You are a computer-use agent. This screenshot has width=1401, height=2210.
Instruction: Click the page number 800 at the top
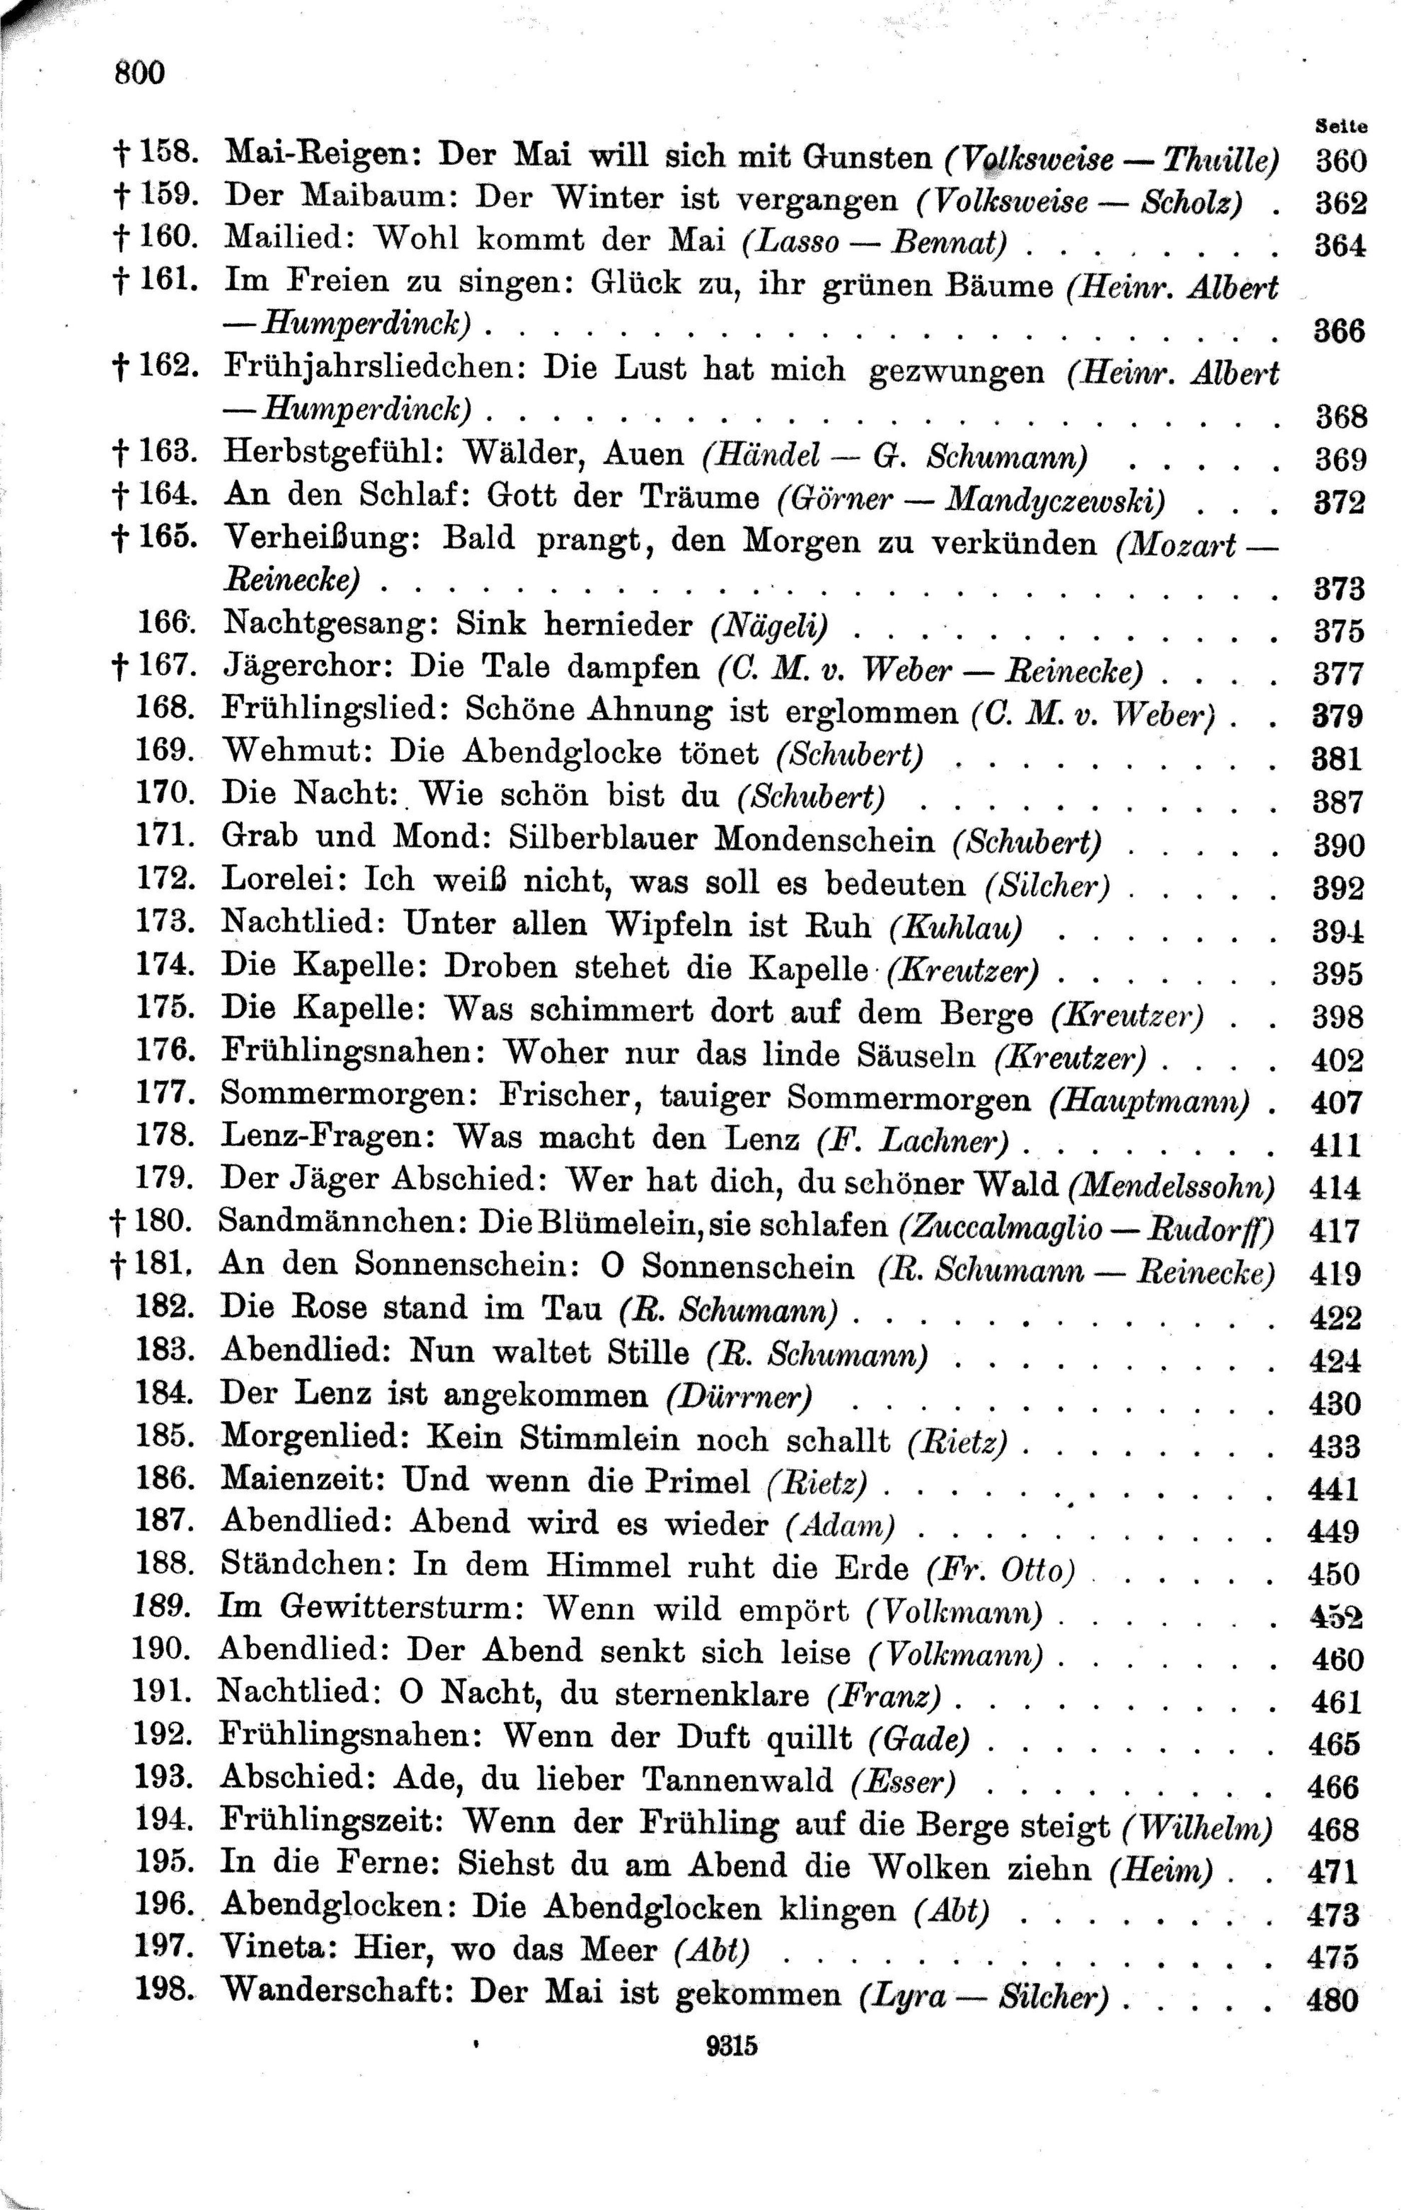(140, 72)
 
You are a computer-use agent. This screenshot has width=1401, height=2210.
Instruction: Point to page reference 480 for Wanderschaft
(1332, 2025)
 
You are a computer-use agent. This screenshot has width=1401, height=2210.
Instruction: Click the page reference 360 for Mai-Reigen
(1340, 162)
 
